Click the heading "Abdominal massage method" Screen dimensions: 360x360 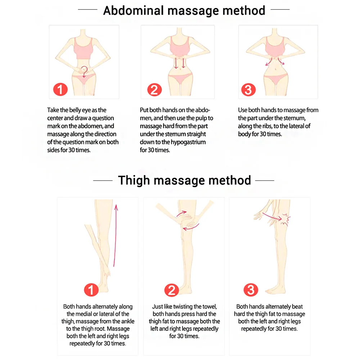point(184,10)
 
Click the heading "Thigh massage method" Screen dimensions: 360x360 point(184,180)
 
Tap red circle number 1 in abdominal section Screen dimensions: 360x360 point(60,89)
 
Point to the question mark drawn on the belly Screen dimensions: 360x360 point(84,71)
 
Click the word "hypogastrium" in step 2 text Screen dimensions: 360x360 point(189,142)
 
